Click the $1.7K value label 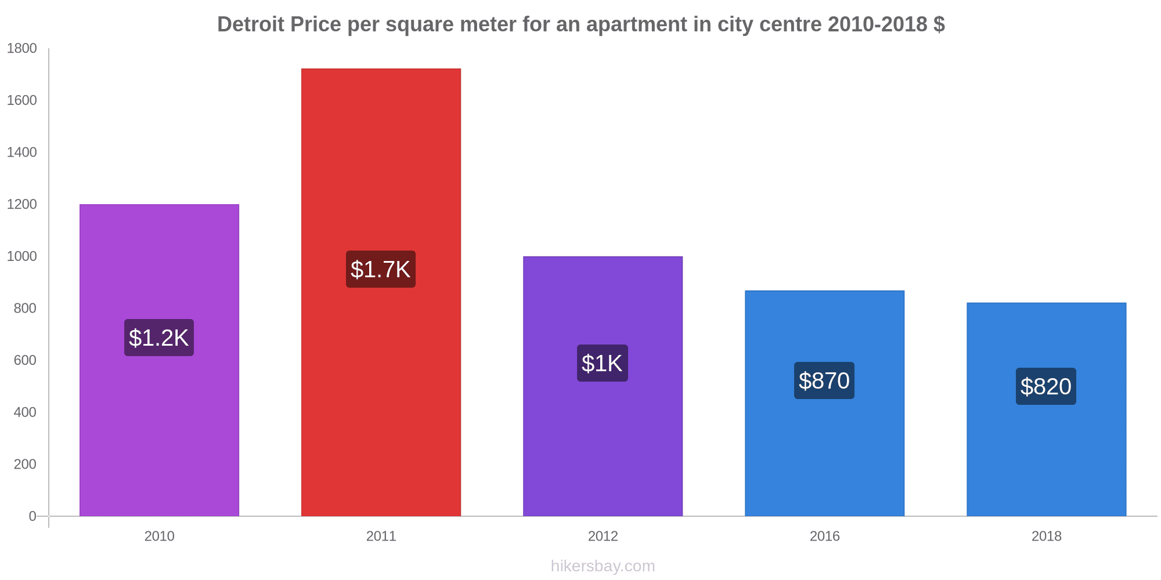(381, 269)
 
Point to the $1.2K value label (159, 338)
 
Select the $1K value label (603, 363)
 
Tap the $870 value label (824, 380)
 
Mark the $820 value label (1046, 386)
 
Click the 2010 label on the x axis (159, 536)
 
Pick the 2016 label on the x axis (824, 536)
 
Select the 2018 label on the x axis (1046, 536)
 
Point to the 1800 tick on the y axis (21, 49)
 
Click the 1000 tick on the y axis (21, 256)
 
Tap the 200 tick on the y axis (25, 464)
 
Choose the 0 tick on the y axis (33, 516)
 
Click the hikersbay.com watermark (603, 566)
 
